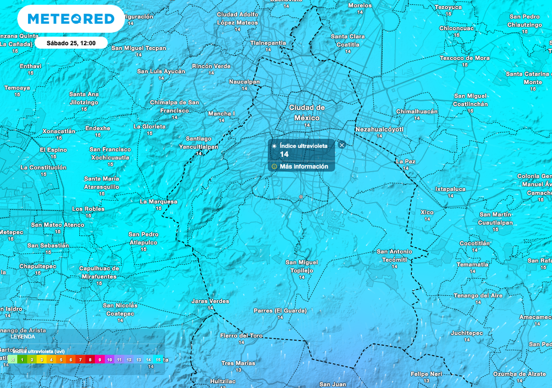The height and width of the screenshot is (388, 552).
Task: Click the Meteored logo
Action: coord(71,19)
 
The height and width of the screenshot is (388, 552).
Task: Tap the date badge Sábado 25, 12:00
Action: coord(71,43)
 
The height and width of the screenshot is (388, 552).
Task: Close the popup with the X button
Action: coord(342,145)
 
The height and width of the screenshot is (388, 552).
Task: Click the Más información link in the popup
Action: coord(303,167)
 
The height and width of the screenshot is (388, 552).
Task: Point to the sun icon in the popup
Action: coord(274,146)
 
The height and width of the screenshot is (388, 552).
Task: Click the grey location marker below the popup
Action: coord(301,197)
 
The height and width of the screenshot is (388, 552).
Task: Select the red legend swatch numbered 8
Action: coord(90,359)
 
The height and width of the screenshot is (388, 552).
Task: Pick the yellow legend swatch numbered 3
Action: coord(42,359)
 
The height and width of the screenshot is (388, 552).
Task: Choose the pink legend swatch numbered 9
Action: coord(100,359)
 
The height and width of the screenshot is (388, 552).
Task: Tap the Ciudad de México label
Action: coord(307,112)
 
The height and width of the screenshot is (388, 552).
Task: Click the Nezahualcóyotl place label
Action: coord(379,129)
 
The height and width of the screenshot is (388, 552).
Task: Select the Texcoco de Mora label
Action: coord(465,58)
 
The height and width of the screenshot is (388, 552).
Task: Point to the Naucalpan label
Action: coord(244,82)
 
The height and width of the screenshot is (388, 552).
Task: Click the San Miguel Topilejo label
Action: coord(301,266)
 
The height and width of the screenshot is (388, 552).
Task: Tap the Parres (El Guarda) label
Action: coord(280,310)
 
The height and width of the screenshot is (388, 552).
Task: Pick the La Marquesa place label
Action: coord(158,202)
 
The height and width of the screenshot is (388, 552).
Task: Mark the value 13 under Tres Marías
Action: coord(238,370)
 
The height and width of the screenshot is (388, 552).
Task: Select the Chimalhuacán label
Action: coord(417,111)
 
